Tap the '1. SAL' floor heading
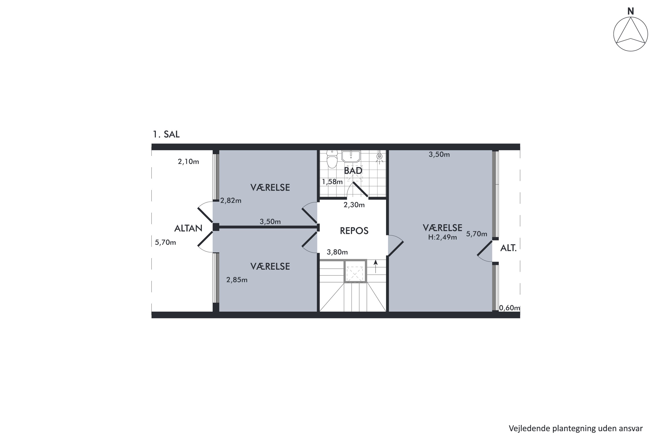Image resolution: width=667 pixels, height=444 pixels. [x=166, y=134]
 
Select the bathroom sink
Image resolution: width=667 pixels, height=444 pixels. [x=351, y=156]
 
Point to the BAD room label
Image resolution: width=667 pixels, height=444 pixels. [x=353, y=170]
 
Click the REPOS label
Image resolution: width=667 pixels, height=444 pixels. [x=354, y=231]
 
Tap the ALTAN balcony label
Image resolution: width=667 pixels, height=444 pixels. [x=188, y=228]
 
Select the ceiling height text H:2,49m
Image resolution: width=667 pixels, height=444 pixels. [x=442, y=237]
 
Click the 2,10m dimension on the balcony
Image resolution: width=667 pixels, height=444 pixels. [x=188, y=162]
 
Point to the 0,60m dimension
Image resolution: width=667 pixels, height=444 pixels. [x=510, y=308]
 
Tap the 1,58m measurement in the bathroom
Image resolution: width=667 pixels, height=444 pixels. [x=332, y=182]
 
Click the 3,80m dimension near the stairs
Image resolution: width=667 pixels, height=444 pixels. [x=337, y=252]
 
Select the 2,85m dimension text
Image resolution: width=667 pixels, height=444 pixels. [x=237, y=280]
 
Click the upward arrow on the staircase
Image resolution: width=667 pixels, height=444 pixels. [x=376, y=266]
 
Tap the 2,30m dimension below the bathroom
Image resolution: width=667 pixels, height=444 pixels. [x=354, y=205]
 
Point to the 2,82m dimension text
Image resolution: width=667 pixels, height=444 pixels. [x=231, y=200]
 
